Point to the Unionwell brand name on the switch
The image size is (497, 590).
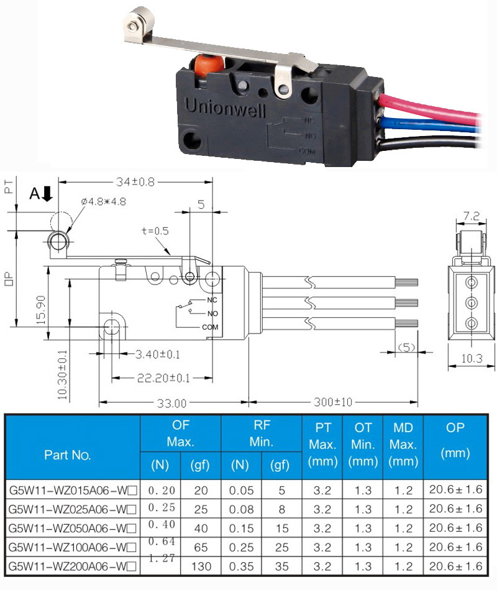point(225,107)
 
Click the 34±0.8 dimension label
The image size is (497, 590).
point(135,182)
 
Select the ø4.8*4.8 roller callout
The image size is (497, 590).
point(104,202)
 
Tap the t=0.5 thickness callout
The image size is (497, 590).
point(155,231)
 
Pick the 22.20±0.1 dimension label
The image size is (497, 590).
point(163,378)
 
